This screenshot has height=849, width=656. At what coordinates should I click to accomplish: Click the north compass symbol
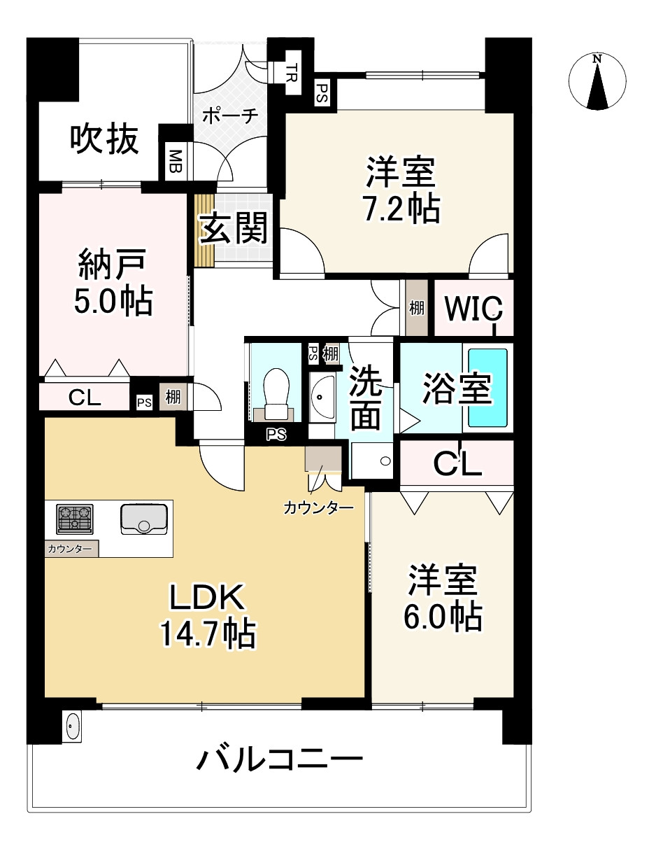[597, 82]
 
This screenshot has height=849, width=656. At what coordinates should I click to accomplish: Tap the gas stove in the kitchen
[74, 519]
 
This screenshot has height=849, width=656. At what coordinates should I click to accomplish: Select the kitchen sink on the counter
[143, 519]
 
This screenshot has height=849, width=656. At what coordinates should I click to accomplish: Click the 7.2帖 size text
[401, 208]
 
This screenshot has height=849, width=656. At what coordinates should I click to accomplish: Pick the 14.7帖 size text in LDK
[207, 634]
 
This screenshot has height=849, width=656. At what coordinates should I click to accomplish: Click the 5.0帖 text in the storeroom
[113, 301]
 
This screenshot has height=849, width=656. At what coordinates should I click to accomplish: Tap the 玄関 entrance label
[234, 228]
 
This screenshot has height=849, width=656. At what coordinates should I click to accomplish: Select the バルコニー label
[279, 759]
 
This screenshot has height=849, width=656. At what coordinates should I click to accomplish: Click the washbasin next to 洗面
[322, 397]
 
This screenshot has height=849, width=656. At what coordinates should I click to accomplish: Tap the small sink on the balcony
[73, 726]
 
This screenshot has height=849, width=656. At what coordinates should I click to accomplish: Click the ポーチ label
[231, 115]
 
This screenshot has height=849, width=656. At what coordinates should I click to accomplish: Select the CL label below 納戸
[85, 398]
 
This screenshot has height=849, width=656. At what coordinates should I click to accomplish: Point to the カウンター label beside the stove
[70, 549]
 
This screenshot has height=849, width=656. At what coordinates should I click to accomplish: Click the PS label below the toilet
[276, 435]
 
